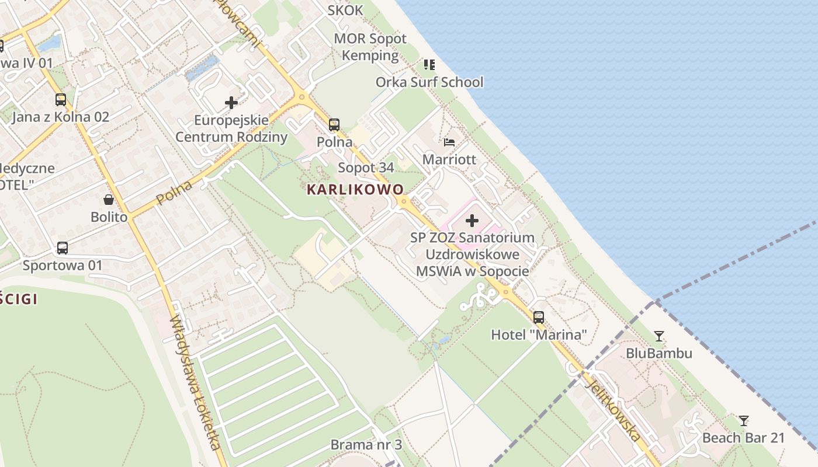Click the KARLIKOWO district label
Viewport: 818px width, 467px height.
[355, 190]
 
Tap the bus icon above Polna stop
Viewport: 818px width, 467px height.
[334, 124]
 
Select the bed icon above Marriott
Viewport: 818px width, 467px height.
[449, 142]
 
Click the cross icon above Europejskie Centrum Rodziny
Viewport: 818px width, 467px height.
[231, 103]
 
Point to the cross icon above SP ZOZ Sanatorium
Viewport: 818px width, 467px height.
[472, 221]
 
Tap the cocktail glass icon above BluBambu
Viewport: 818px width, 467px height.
[659, 336]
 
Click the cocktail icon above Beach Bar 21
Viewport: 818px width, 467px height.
[743, 420]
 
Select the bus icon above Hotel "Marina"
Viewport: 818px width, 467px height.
[539, 318]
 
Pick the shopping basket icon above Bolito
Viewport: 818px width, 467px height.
[109, 200]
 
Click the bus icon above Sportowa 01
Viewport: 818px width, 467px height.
[63, 248]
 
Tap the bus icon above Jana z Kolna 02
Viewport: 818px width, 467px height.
[61, 99]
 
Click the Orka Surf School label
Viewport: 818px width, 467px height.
[429, 82]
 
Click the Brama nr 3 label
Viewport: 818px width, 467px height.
[366, 445]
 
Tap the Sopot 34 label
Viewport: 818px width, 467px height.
[366, 168]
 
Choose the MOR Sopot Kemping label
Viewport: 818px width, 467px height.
[370, 47]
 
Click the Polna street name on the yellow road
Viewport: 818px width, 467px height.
[174, 193]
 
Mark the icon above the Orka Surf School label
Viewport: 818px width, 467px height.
[429, 64]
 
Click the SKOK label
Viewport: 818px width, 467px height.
[345, 10]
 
